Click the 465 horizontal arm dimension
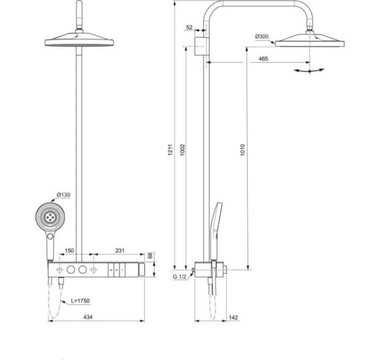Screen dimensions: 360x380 pyautogui.click(x=262, y=59)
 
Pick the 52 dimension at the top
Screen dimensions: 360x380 pyautogui.click(x=189, y=27)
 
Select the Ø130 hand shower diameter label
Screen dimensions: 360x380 pyautogui.click(x=64, y=194)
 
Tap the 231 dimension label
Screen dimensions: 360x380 pyautogui.click(x=119, y=251)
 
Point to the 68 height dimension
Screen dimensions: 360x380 pyautogui.click(x=150, y=255)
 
